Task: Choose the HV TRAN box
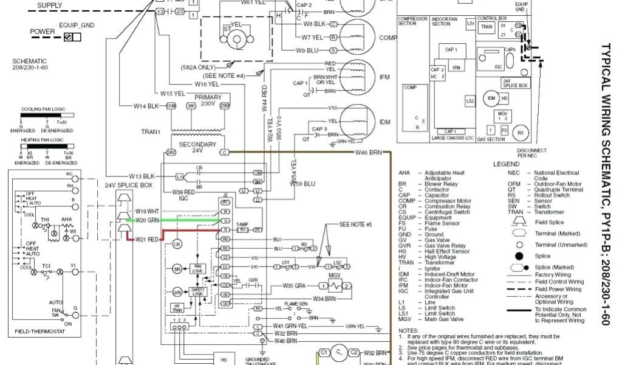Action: [x=178, y=308]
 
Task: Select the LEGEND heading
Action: [x=505, y=164]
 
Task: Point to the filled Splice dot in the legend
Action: [x=519, y=256]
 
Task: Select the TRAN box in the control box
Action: [x=487, y=27]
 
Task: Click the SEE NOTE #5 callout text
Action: [x=355, y=224]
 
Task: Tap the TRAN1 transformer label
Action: [x=151, y=132]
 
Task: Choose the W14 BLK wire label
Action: [x=146, y=106]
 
